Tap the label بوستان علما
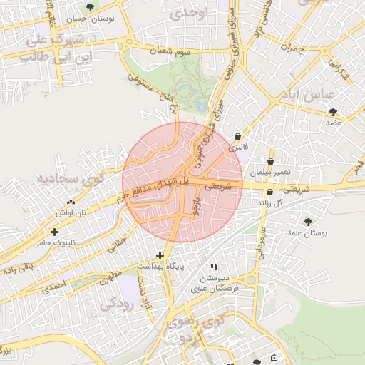[308, 234]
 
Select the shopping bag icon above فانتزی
[237, 136]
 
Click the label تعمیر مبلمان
[269, 173]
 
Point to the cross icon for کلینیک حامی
[55, 231]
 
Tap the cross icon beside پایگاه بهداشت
[159, 255]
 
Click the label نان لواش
[71, 212]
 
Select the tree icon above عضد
[333, 111]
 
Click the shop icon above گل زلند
[269, 192]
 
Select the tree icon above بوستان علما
[308, 222]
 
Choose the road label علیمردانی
[264, 240]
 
